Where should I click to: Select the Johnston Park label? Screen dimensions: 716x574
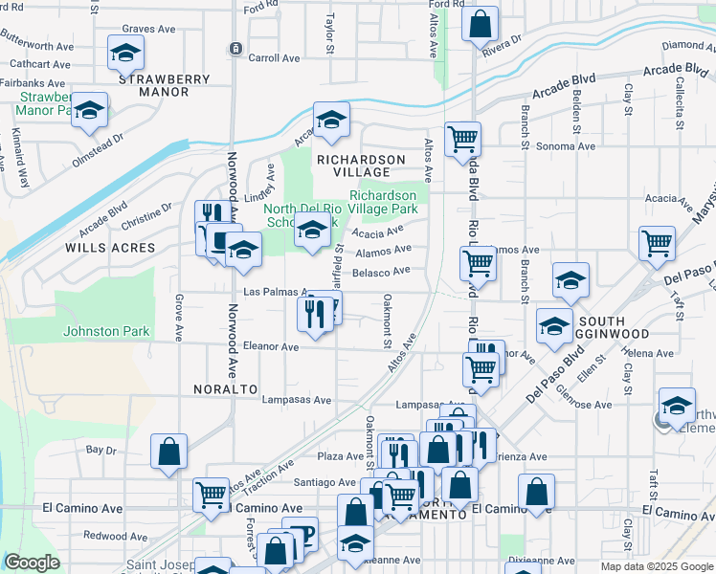(x=106, y=332)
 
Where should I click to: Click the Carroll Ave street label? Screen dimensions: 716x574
(x=275, y=58)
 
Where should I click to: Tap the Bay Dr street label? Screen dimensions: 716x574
(x=101, y=449)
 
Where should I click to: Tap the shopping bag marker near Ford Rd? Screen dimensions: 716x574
(x=480, y=23)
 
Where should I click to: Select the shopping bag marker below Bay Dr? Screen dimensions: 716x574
(x=168, y=452)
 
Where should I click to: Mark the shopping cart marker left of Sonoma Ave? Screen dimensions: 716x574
(x=462, y=139)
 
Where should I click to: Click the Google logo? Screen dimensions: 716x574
(x=32, y=563)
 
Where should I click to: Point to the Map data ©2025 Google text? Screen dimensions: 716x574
(x=656, y=566)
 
